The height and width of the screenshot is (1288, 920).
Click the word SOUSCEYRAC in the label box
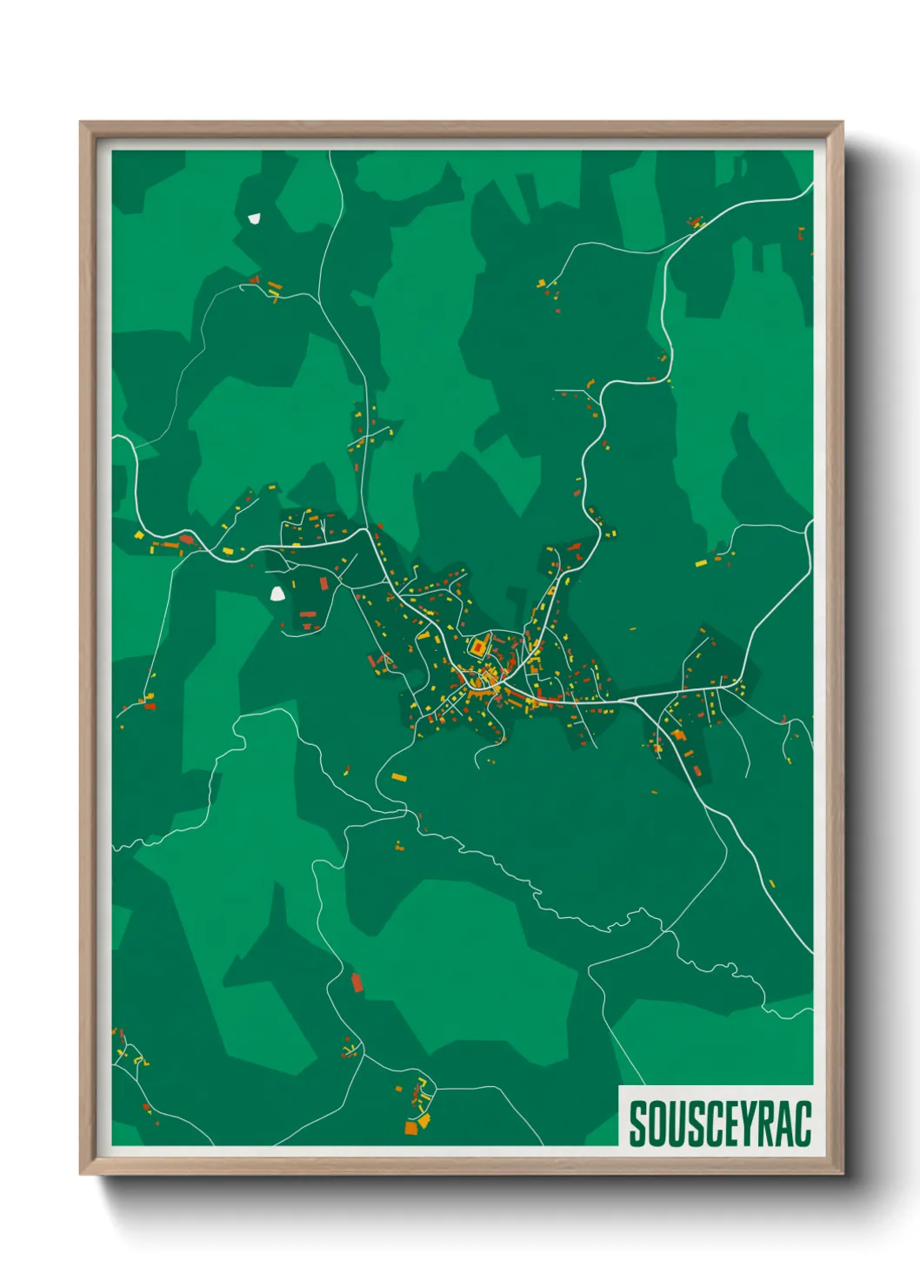(x=720, y=1124)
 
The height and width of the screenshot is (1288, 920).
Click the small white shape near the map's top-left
(x=254, y=218)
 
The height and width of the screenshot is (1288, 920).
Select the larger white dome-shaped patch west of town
(x=277, y=594)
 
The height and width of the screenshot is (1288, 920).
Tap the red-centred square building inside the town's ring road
(x=477, y=647)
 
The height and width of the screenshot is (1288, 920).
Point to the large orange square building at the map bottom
(x=411, y=1128)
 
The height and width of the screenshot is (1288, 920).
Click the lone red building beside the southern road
(x=356, y=983)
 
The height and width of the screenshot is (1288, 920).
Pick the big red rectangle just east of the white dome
(x=324, y=582)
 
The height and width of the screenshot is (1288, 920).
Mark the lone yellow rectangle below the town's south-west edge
(x=398, y=776)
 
